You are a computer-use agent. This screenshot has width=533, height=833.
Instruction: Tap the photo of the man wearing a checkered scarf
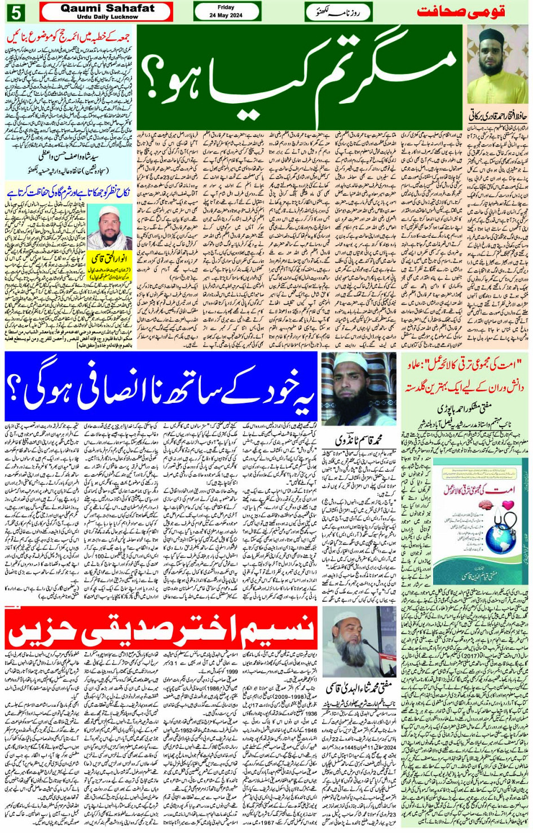110,228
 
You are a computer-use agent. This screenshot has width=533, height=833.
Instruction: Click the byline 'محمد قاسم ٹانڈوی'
359,438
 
